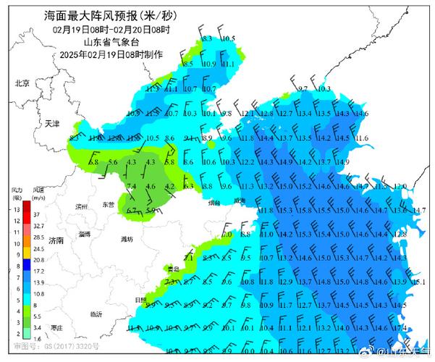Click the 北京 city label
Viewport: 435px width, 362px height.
coord(22,83)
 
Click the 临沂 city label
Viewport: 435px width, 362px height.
coord(96,313)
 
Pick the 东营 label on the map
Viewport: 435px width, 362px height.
coord(109,205)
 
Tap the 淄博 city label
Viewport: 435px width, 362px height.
coord(85,234)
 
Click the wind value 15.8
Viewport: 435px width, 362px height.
coord(305,210)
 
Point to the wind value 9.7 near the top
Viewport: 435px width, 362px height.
coord(303,88)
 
